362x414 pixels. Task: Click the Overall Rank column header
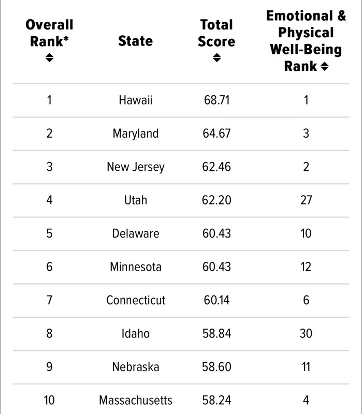point(49,33)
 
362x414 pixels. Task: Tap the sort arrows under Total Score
point(216,57)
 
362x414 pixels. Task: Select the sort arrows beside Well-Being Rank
point(325,66)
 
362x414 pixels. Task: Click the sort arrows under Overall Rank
point(49,57)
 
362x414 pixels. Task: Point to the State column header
point(136,41)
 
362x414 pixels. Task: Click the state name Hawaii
point(136,100)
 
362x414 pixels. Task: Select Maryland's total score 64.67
point(216,134)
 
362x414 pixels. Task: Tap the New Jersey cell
point(136,167)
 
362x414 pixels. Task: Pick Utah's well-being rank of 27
point(306,200)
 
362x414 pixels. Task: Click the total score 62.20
point(216,200)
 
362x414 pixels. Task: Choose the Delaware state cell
point(136,233)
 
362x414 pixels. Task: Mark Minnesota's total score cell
point(216,267)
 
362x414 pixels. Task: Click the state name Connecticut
point(136,300)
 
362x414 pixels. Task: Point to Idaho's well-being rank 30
point(306,333)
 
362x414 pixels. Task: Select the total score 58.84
point(216,333)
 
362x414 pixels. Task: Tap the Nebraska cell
point(136,367)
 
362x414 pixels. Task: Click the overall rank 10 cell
point(49,400)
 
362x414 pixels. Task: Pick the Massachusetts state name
point(136,400)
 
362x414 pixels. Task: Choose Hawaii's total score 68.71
point(216,100)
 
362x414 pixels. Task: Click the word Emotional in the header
point(299,16)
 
